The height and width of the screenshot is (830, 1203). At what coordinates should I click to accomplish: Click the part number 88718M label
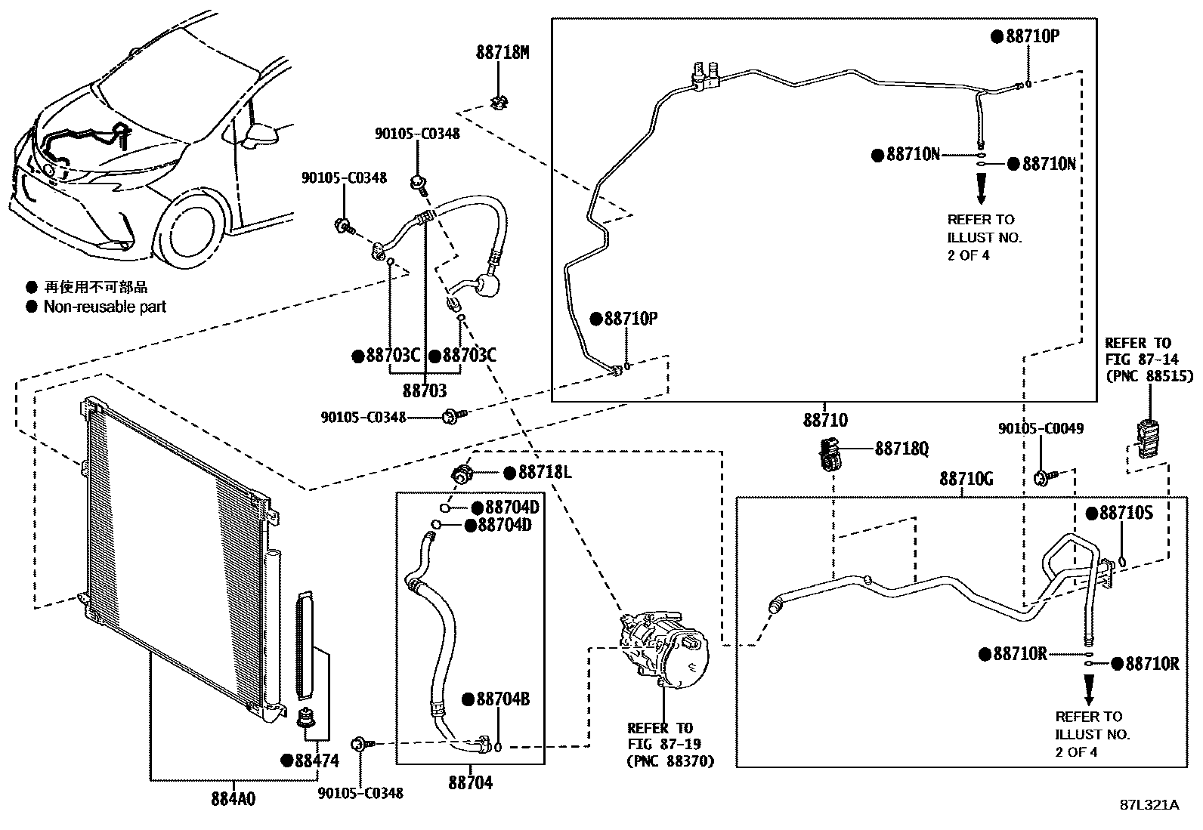point(503,52)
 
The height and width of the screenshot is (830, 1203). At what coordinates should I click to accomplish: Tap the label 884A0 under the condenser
point(233,798)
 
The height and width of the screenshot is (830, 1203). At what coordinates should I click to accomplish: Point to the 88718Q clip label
point(901,449)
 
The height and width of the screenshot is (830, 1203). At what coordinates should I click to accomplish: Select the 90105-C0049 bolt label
point(1041,428)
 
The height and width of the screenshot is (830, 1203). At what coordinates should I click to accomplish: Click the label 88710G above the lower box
point(966,479)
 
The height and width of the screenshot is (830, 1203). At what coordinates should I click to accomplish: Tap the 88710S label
point(1125,514)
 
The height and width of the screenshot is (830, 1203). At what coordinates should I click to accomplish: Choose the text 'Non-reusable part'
point(104,307)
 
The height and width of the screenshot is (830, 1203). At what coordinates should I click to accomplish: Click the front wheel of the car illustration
point(195,233)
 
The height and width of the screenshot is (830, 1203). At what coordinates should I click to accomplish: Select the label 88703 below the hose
point(425,390)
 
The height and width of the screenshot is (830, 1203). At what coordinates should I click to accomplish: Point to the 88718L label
point(544,473)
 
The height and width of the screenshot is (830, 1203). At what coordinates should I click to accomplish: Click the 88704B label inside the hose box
point(503,699)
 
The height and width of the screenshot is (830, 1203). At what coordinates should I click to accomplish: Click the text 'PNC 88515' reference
point(1149,375)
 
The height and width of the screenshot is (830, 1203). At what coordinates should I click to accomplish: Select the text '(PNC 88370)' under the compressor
point(670,761)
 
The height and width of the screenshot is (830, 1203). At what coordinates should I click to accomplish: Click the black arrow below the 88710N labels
point(981,188)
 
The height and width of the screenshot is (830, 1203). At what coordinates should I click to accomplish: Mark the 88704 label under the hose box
point(470,783)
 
